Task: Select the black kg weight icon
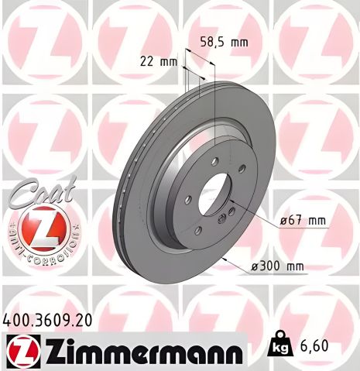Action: (280, 346)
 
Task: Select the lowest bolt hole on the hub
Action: (197, 229)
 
